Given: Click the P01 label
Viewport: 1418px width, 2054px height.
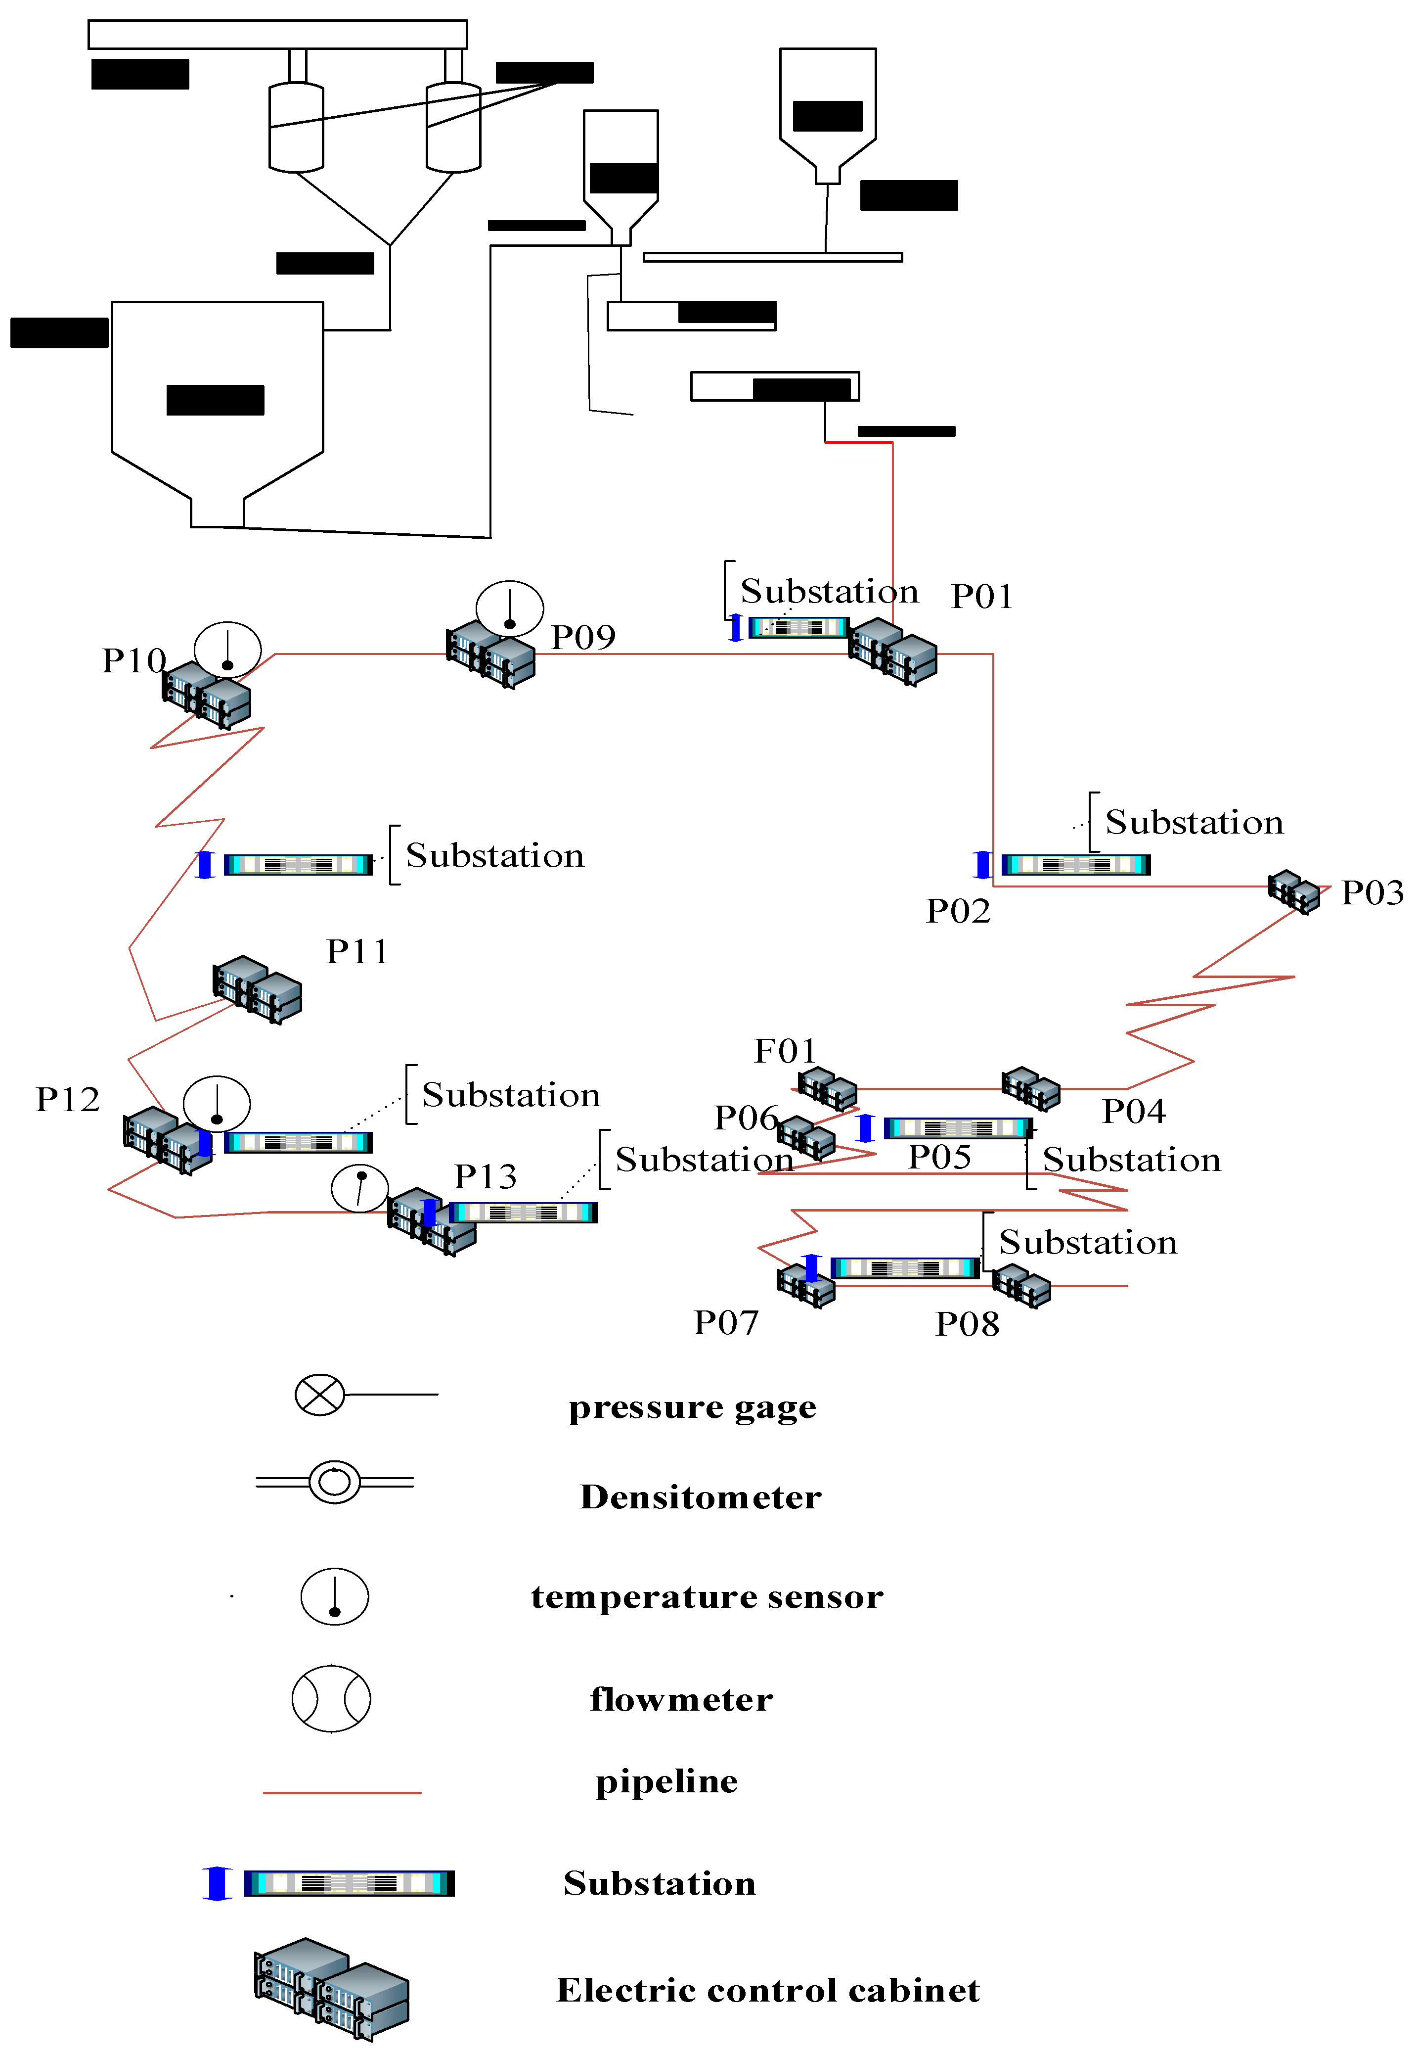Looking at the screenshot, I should tap(982, 597).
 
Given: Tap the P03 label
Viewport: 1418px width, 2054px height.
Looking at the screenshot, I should tap(1372, 892).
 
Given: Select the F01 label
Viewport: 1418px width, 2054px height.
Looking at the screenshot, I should tap(785, 1051).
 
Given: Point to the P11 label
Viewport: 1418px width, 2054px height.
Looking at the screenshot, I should tap(357, 952).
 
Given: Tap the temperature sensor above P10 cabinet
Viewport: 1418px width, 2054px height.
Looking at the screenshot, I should tap(227, 649).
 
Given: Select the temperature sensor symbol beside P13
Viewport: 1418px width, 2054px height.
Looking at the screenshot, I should tap(360, 1187).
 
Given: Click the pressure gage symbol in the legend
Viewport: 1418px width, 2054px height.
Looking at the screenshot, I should tap(320, 1395).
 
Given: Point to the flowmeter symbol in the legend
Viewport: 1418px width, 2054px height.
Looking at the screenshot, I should tap(331, 1698).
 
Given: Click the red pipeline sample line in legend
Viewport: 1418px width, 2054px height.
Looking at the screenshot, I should tap(342, 1793).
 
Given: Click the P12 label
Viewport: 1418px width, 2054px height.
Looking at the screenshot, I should tap(68, 1099).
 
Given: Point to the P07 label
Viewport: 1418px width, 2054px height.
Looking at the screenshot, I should tap(726, 1322).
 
